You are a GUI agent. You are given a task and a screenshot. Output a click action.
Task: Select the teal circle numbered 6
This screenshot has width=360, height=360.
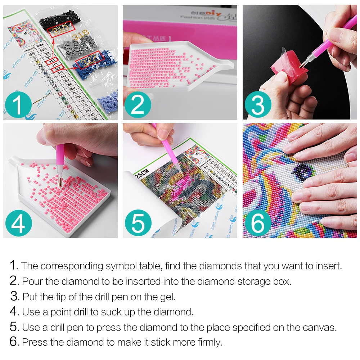258,223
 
